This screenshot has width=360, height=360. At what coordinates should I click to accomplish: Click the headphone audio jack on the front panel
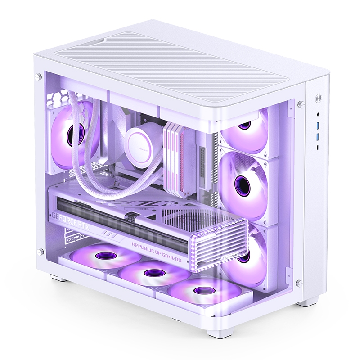(318, 115)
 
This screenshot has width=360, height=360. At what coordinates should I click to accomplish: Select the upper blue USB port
(318, 125)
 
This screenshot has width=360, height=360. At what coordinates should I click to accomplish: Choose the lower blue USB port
(318, 135)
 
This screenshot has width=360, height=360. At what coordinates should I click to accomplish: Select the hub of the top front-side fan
(244, 125)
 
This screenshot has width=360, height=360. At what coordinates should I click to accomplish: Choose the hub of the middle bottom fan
(153, 273)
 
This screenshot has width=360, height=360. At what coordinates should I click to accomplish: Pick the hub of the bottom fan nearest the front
(202, 290)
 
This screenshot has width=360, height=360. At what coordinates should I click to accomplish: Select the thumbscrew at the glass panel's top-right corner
(300, 104)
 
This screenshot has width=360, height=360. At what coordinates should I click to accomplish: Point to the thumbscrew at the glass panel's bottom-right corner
(298, 283)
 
